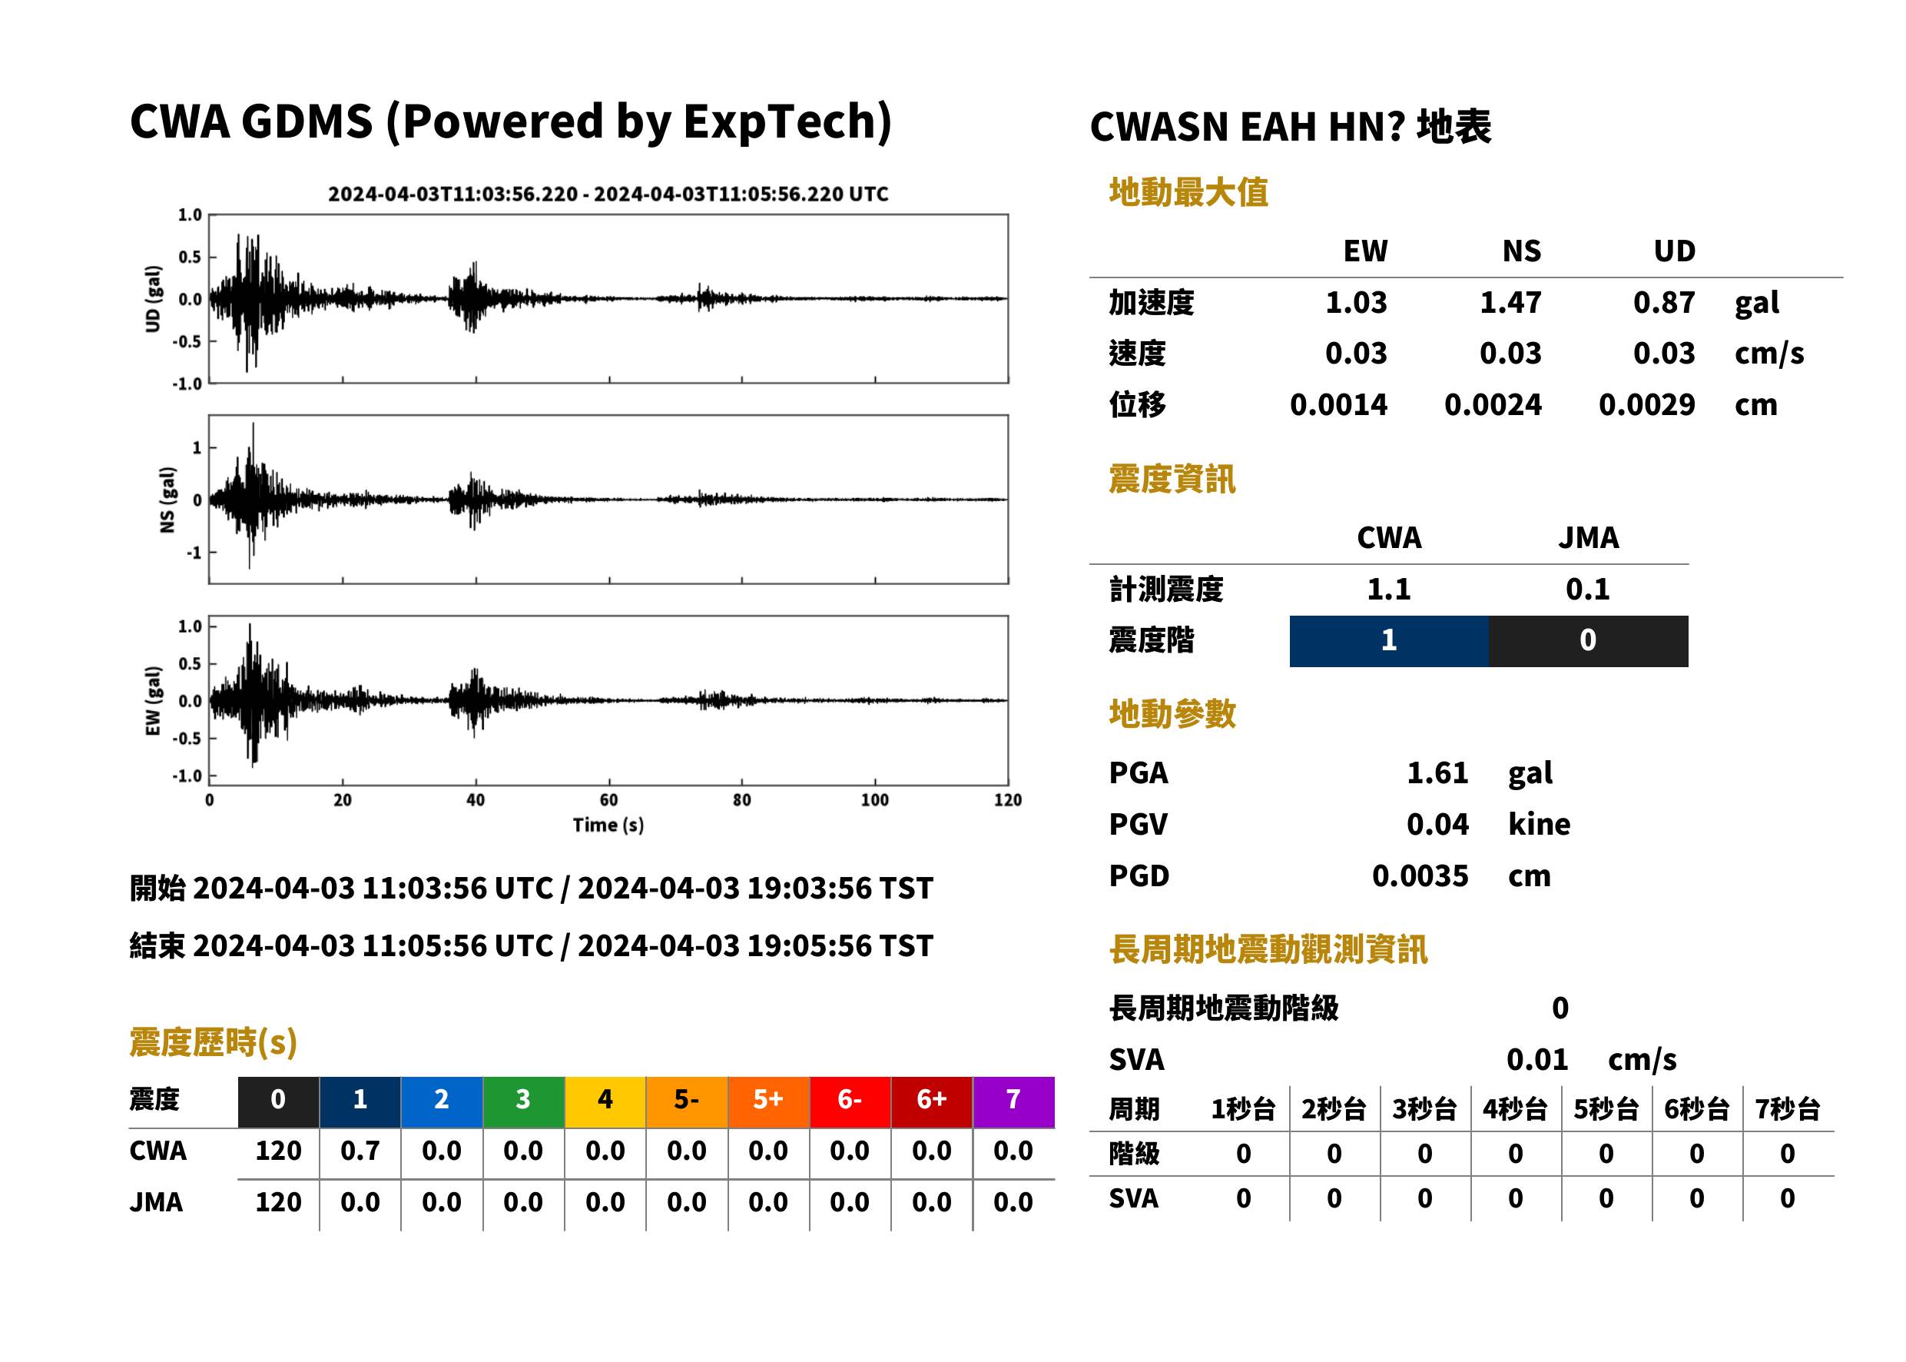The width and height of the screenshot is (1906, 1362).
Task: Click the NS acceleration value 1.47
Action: [1510, 303]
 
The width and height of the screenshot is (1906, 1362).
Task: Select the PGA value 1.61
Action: [1437, 773]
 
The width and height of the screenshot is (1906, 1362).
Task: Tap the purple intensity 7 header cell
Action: [1013, 1099]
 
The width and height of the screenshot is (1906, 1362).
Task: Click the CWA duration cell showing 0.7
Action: [360, 1151]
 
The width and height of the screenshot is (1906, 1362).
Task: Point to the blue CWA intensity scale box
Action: [1389, 641]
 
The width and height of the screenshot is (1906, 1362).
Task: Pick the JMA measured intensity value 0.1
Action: [1587, 590]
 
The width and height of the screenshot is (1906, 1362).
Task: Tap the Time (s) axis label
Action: [608, 826]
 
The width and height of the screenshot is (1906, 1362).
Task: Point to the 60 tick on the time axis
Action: [608, 800]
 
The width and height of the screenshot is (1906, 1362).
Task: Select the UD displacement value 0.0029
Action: [1646, 405]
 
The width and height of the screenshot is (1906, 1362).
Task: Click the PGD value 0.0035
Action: [1420, 876]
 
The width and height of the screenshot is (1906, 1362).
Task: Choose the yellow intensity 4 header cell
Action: [605, 1099]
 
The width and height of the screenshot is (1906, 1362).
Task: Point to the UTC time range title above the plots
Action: [608, 194]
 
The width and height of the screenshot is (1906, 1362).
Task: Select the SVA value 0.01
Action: [1536, 1060]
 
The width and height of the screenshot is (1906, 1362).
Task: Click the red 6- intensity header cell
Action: [850, 1099]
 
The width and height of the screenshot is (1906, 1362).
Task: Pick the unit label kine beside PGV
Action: [1539, 825]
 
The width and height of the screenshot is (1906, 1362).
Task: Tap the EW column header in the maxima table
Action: [1364, 251]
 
